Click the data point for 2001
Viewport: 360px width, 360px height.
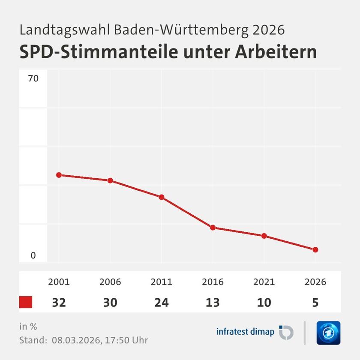59,175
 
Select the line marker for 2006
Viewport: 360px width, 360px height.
110,180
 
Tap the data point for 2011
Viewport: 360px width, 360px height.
162,197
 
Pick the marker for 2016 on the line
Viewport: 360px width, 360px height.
213,228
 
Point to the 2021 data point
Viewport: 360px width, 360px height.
264,236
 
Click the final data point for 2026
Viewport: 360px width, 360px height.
315,249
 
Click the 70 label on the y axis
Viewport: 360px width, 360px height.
33,79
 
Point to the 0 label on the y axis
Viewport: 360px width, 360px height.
33,256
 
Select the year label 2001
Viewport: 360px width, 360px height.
59,282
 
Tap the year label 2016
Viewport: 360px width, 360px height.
213,282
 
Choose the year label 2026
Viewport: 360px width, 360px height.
315,282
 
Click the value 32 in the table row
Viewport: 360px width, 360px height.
59,303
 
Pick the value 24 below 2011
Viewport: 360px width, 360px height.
162,303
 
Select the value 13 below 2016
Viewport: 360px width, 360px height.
213,303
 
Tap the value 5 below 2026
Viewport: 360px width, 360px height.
315,303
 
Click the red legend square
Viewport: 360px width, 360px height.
26,302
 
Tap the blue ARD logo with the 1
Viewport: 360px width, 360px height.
328,333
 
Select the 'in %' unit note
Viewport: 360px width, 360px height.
28,327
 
